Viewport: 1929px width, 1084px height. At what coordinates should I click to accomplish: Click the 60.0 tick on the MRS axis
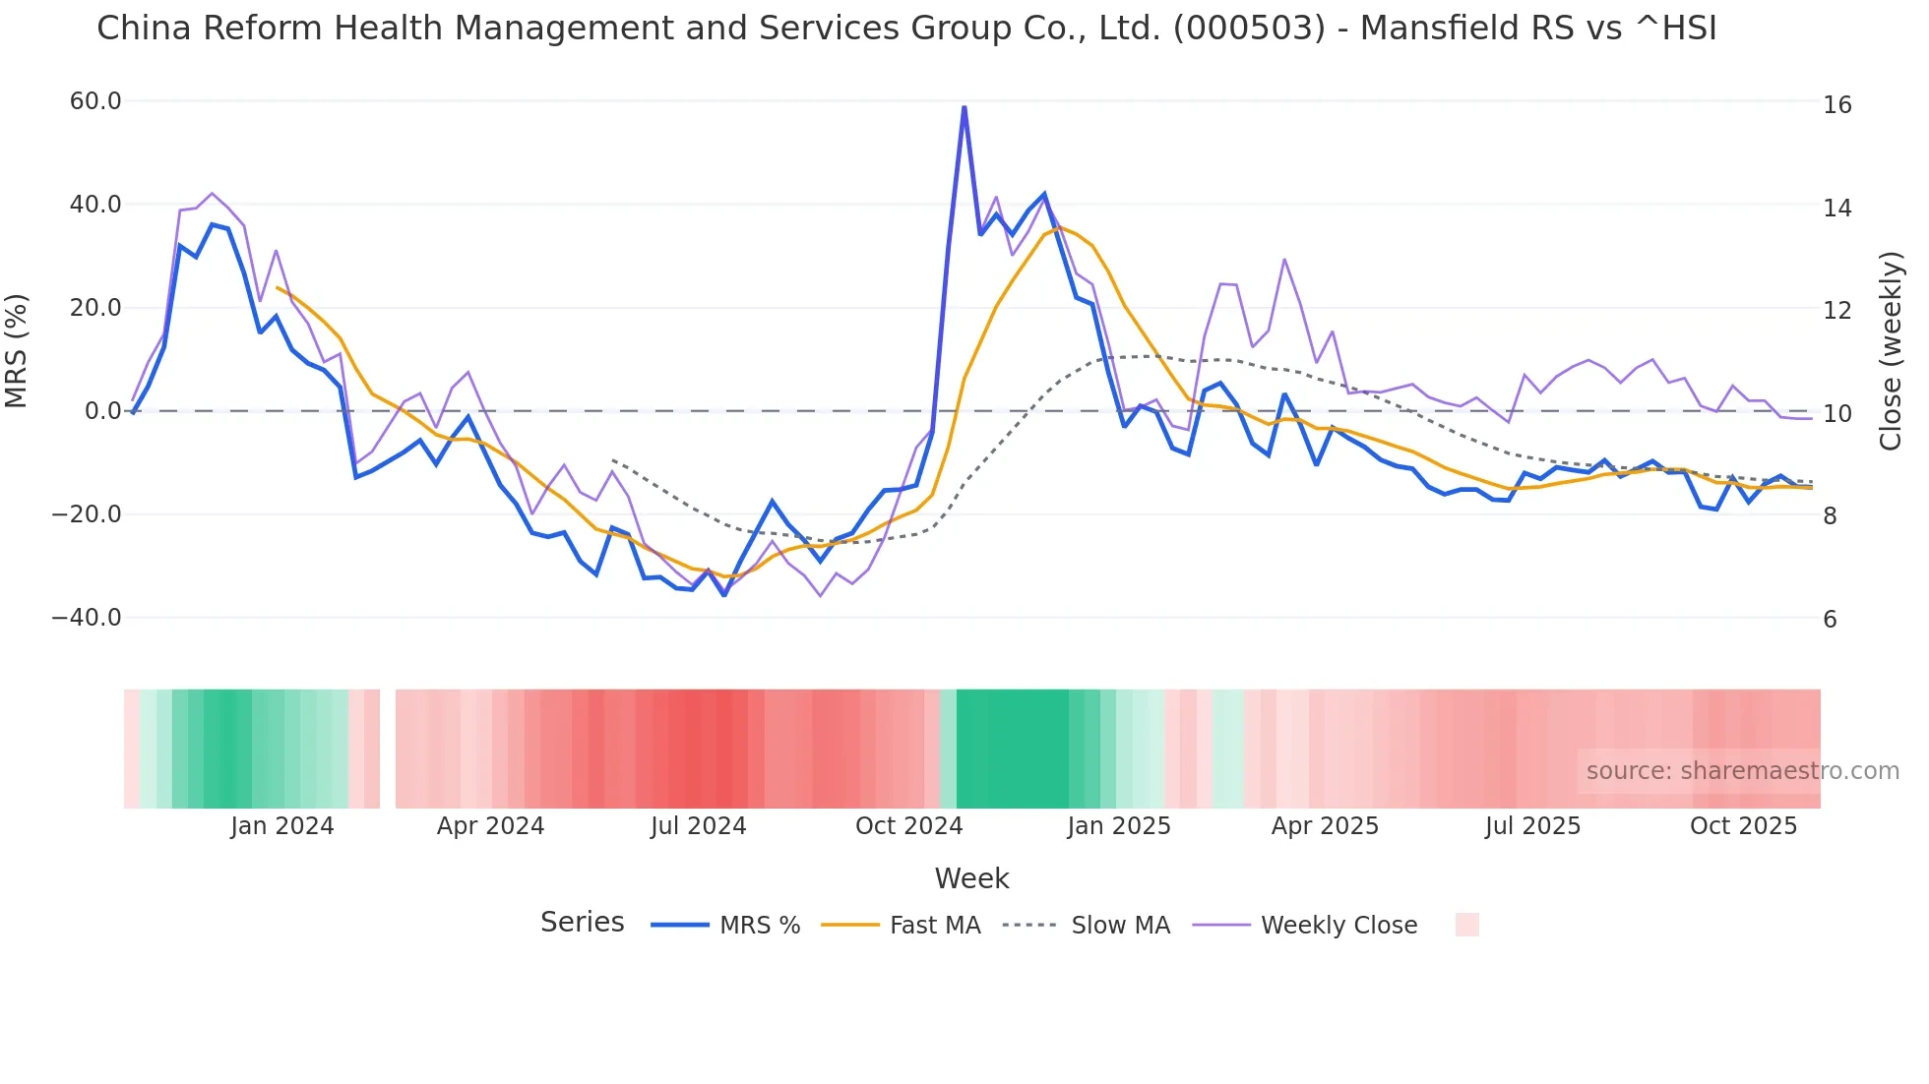click(x=94, y=101)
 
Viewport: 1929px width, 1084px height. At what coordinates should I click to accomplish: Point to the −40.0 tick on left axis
click(x=87, y=618)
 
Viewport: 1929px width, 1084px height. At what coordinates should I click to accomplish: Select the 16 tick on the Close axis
click(x=1836, y=105)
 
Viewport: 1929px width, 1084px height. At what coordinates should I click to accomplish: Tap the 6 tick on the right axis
click(x=1830, y=620)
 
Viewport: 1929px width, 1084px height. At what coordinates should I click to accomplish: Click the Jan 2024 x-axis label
click(x=282, y=826)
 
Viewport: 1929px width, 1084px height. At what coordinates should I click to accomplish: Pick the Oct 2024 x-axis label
click(x=908, y=826)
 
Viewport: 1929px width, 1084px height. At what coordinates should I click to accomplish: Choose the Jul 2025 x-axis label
click(x=1532, y=826)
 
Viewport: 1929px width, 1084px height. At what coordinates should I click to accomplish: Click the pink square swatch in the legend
click(x=1466, y=925)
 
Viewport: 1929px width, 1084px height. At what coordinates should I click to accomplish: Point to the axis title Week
click(x=971, y=878)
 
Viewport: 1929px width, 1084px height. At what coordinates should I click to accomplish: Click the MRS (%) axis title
click(x=17, y=351)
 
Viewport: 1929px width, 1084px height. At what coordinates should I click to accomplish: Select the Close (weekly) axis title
click(x=1891, y=351)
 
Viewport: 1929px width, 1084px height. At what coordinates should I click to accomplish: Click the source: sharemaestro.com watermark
click(x=1742, y=771)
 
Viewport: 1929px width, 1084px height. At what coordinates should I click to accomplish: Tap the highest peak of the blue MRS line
click(x=964, y=107)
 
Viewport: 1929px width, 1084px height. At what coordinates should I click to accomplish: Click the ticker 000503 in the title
click(x=1249, y=29)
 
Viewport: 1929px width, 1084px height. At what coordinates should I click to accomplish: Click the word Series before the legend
click(x=582, y=923)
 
